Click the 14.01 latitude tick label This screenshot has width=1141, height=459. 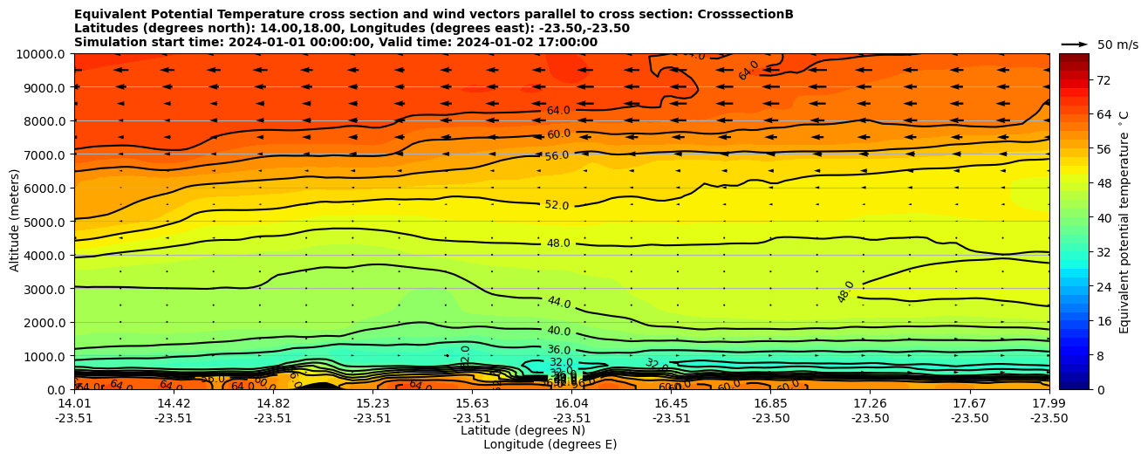click(x=75, y=403)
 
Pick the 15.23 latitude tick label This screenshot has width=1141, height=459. click(x=372, y=403)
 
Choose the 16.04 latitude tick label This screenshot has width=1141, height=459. click(x=571, y=403)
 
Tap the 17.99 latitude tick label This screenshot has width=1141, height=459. click(x=1049, y=403)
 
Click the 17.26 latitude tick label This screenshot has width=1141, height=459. click(x=870, y=403)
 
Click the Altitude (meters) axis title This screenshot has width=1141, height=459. click(x=15, y=222)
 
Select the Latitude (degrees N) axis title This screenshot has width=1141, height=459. click(x=523, y=430)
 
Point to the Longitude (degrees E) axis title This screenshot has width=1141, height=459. click(x=550, y=444)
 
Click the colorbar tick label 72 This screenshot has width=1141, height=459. click(x=1078, y=80)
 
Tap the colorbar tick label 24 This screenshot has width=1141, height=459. click(x=1078, y=288)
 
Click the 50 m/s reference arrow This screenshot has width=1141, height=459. click(x=1074, y=44)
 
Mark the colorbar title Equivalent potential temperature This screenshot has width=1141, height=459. click(x=1124, y=222)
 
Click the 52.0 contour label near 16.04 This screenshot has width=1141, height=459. click(x=557, y=205)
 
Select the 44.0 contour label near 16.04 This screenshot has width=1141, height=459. click(x=558, y=303)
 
